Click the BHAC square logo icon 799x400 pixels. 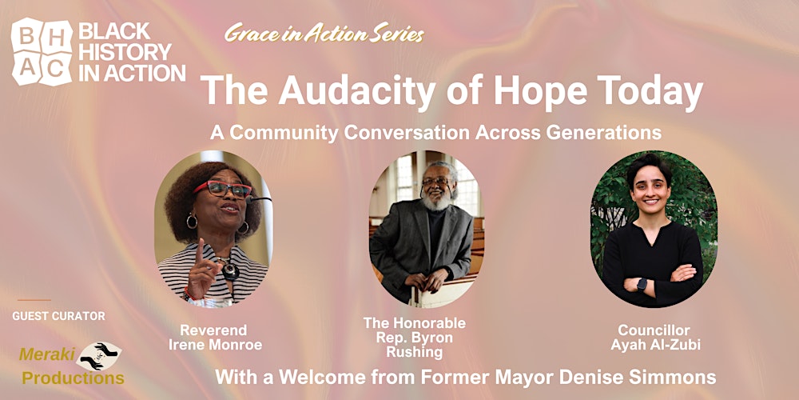(41, 53)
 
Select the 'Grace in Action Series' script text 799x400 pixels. (324, 34)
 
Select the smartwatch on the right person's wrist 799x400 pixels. (641, 283)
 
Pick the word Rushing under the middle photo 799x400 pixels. (414, 351)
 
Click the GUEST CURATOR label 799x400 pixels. (58, 316)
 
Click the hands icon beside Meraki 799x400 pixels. (102, 354)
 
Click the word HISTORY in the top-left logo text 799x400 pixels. (125, 52)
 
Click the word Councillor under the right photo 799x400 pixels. (653, 330)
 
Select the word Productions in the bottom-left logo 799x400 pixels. (73, 378)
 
